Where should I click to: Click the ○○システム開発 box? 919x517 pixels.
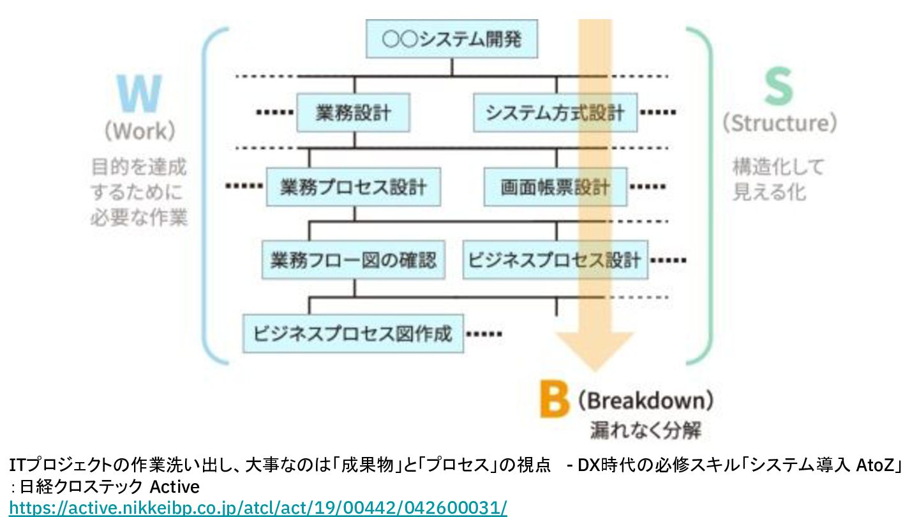click(x=452, y=40)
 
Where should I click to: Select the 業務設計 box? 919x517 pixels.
click(x=354, y=113)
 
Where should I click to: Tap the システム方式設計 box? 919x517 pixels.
click(x=555, y=113)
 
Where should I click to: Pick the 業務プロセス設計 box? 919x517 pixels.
click(x=354, y=187)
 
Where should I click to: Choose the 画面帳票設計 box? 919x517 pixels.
click(x=555, y=187)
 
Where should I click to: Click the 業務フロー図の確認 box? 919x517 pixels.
click(x=354, y=260)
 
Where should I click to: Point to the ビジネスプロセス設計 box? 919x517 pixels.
click(x=555, y=260)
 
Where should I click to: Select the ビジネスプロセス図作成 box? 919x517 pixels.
click(x=353, y=333)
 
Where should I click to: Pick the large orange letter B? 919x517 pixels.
click(x=553, y=401)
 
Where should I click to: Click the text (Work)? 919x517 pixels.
click(x=139, y=131)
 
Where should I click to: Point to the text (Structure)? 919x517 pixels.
click(x=779, y=123)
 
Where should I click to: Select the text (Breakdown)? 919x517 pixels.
click(x=645, y=401)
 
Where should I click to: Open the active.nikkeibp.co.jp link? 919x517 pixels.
click(x=258, y=508)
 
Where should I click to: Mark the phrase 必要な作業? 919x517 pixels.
click(x=138, y=218)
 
